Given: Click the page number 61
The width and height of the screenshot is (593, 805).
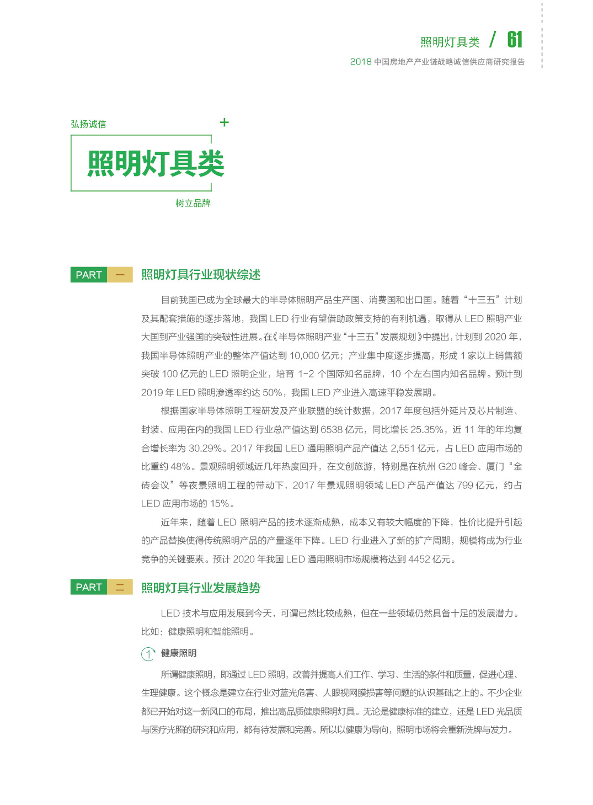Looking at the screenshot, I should (514, 40).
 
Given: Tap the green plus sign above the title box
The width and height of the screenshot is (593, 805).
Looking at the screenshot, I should (224, 122).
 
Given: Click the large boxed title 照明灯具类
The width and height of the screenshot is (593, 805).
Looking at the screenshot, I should (156, 164).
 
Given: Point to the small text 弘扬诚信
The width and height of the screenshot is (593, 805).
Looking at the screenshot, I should (88, 124).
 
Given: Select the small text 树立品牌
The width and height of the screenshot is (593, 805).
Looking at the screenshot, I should (193, 203).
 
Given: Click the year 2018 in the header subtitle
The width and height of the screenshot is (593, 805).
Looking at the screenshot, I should (361, 62).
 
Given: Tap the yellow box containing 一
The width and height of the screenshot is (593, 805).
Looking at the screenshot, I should (120, 275).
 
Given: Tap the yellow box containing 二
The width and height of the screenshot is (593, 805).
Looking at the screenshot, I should (120, 587).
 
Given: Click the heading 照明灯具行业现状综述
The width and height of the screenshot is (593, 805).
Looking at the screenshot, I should (201, 275).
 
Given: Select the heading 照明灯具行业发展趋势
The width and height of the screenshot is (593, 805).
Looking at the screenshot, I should (201, 588).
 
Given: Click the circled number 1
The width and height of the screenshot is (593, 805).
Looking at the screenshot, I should (148, 654).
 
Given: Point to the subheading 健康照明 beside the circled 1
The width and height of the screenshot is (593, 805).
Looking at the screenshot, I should (179, 653).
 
